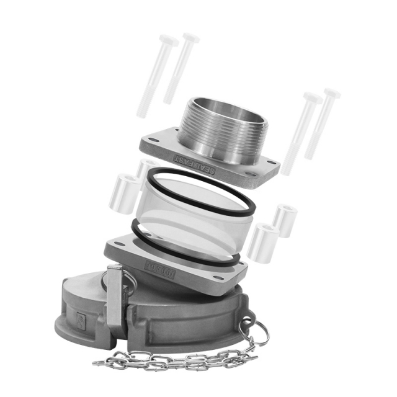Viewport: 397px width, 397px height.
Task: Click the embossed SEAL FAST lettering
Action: [194, 164]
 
